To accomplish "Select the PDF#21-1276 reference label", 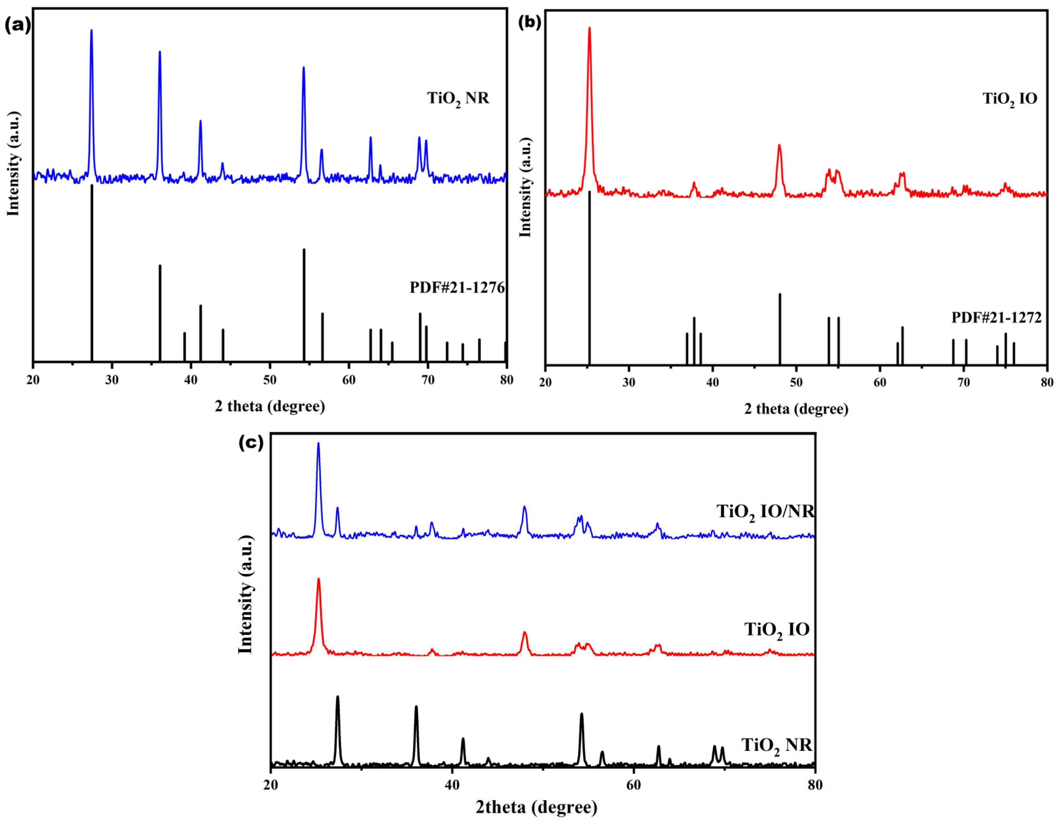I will (x=457, y=287).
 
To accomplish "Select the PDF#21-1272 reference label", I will (x=996, y=317).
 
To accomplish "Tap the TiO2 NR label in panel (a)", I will (x=458, y=98).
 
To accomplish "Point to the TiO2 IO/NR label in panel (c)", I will (x=765, y=512).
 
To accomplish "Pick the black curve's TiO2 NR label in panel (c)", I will (x=777, y=745).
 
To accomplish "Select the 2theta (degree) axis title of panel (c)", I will (x=536, y=807).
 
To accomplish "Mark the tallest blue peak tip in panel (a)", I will (x=92, y=31).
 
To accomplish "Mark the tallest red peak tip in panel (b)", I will (x=589, y=28).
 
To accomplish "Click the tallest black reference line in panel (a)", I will (x=92, y=271).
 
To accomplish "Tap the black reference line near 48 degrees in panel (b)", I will (x=780, y=330).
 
